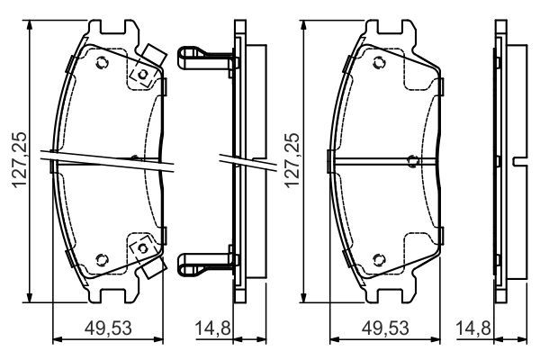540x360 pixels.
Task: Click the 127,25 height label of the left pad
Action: pos(19,159)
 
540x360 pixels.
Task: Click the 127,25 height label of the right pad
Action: pos(292,159)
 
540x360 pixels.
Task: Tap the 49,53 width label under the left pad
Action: pos(108,328)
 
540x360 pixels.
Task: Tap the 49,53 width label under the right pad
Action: pos(385,328)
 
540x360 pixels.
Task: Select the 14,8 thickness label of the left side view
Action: pos(212,328)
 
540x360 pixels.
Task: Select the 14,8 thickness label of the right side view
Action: pos(473,328)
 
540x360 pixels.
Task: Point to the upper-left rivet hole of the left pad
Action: pos(102,63)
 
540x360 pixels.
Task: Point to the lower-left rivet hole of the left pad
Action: pos(102,260)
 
